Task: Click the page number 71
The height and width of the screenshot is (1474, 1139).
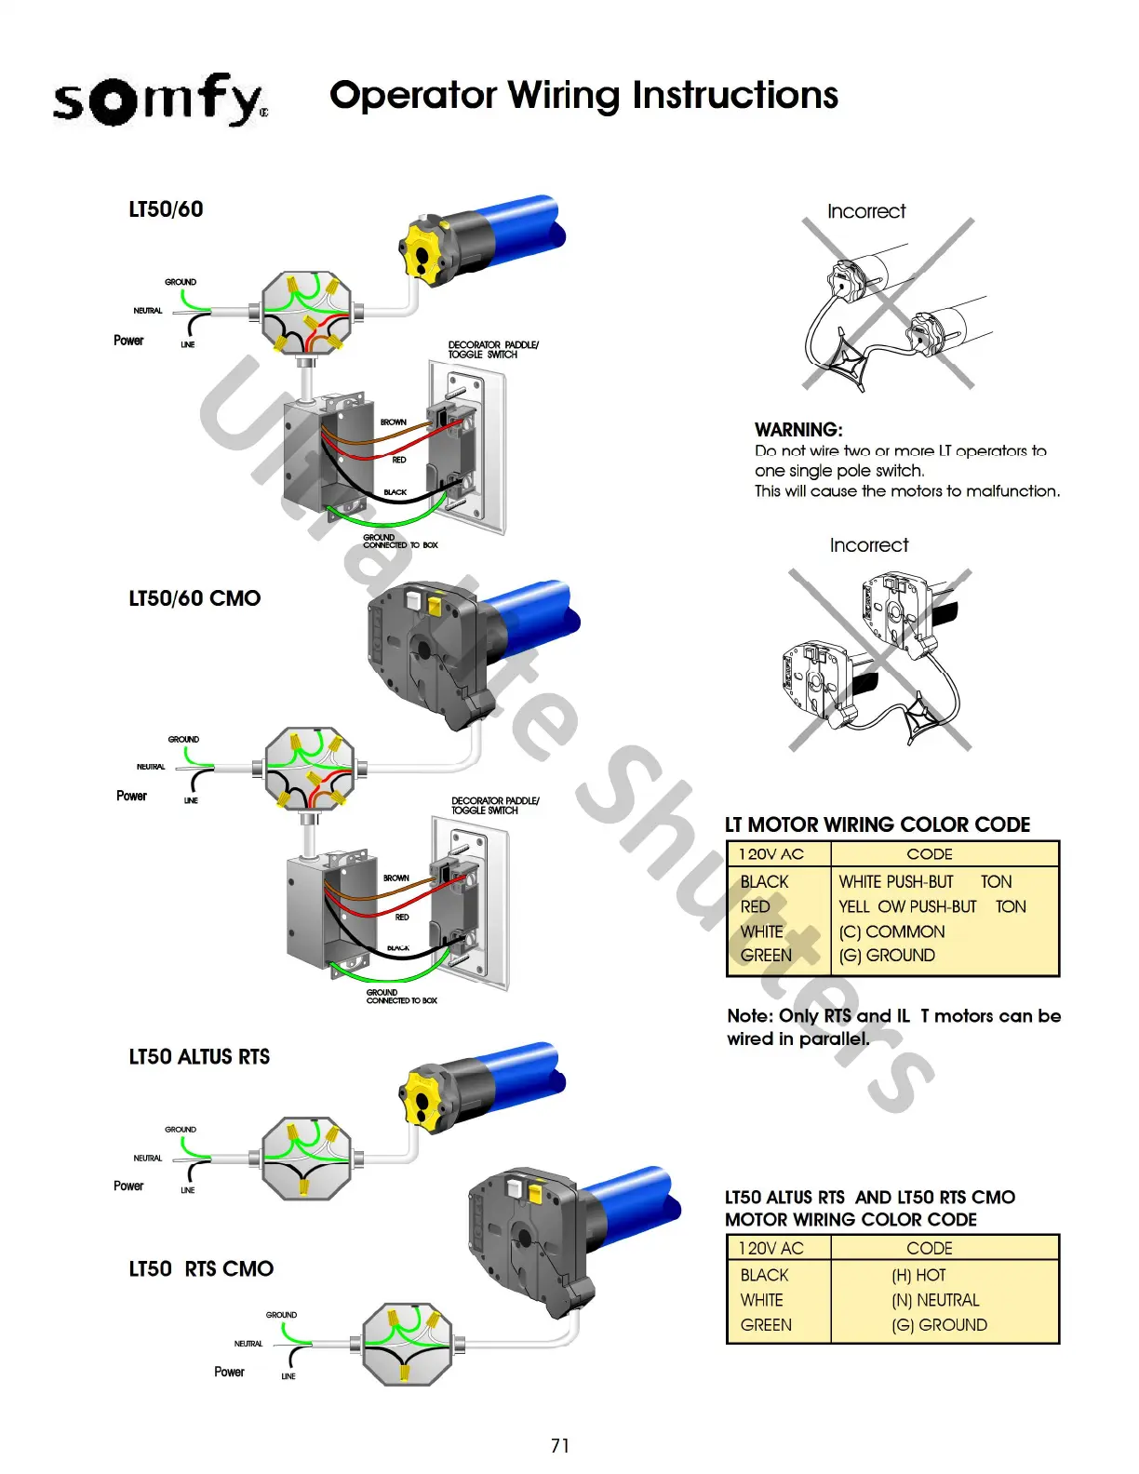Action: coord(560,1445)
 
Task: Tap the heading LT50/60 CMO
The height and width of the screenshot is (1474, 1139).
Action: coord(194,598)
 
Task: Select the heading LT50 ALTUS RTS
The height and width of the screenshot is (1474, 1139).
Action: coord(199,1057)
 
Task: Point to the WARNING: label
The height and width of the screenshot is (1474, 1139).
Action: coord(798,430)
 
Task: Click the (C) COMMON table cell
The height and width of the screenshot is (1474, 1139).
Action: coord(891,931)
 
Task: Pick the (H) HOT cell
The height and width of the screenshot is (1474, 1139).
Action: coord(918,1275)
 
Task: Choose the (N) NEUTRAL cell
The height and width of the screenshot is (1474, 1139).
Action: coord(935,1300)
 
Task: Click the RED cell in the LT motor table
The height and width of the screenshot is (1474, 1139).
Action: coord(756,906)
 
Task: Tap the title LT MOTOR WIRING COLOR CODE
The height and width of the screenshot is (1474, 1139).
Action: coord(878,824)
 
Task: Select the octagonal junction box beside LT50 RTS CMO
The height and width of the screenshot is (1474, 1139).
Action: coord(407,1345)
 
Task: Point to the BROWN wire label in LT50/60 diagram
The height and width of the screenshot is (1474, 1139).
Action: coord(394,422)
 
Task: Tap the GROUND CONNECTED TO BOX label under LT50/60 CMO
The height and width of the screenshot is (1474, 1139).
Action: coord(401,997)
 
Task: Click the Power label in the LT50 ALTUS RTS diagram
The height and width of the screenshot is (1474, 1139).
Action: coord(128,1186)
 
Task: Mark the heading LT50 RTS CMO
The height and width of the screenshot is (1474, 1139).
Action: coord(201,1269)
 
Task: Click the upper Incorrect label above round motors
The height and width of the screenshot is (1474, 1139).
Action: coord(866,211)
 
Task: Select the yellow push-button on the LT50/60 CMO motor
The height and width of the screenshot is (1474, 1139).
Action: coord(434,605)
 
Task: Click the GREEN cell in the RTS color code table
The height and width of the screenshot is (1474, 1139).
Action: coord(766,1325)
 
